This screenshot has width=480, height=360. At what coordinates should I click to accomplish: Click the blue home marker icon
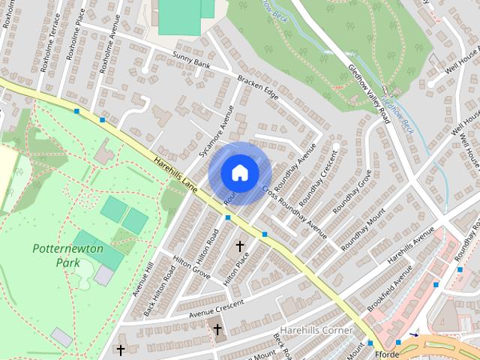[239, 172]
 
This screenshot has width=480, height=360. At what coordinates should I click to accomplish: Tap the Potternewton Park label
[57, 255]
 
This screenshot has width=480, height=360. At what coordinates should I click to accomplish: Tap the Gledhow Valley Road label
[370, 91]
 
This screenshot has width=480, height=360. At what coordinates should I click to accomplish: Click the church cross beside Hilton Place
[240, 246]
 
